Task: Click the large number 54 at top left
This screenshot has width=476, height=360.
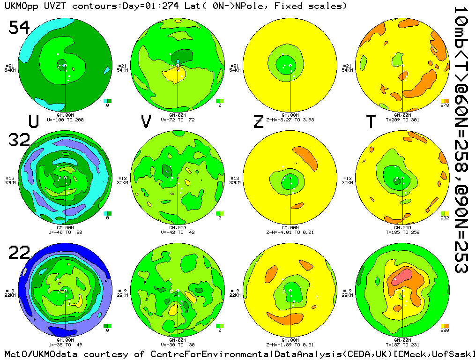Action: [19, 28]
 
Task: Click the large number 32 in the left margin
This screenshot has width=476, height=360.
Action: [19, 140]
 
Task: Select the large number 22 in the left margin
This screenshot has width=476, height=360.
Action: [19, 253]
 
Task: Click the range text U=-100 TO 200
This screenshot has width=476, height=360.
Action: [66, 120]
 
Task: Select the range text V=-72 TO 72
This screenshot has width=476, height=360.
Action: [178, 120]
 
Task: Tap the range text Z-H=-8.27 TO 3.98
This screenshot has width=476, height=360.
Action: [290, 120]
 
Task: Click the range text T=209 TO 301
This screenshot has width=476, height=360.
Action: [403, 120]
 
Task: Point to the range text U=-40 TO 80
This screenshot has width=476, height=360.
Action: [66, 232]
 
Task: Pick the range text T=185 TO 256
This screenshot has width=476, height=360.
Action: [403, 232]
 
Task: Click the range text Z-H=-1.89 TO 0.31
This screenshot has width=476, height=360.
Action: [290, 345]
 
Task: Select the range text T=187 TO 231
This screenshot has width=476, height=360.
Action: [403, 345]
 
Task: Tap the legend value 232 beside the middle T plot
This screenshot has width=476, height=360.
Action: [445, 218]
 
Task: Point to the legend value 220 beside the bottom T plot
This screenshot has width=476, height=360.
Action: [445, 330]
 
